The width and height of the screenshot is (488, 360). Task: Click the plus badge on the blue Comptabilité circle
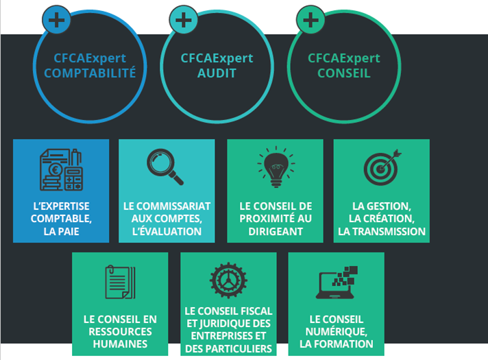coord(56,20)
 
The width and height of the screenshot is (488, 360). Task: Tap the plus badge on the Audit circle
coord(184,20)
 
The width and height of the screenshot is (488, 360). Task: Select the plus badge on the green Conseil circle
coord(310,20)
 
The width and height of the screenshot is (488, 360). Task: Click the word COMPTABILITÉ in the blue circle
coord(90,73)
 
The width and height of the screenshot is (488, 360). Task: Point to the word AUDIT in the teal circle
coord(217,73)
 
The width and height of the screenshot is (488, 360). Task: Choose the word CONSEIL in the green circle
coord(344,73)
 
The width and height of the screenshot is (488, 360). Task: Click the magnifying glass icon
coord(165,167)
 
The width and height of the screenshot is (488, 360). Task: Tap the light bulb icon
coord(276,167)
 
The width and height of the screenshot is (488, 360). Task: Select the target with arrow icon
coord(382,167)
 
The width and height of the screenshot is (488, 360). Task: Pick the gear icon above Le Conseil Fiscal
coord(228,280)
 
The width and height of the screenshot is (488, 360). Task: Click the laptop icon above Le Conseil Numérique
coord(337,283)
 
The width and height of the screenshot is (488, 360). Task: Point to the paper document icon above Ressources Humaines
coord(120,282)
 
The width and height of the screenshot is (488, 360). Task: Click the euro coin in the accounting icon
coord(56,170)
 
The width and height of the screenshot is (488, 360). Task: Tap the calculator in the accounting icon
coord(73,178)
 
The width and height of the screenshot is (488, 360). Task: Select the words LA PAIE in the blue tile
coord(61,231)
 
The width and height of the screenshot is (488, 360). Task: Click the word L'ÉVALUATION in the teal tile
coord(167,231)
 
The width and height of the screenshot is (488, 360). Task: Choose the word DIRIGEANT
coord(276,231)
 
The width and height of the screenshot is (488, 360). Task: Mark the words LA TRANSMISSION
coord(382,231)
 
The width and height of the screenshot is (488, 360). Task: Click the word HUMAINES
coord(120,344)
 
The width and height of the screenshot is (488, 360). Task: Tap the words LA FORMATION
coord(337,344)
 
